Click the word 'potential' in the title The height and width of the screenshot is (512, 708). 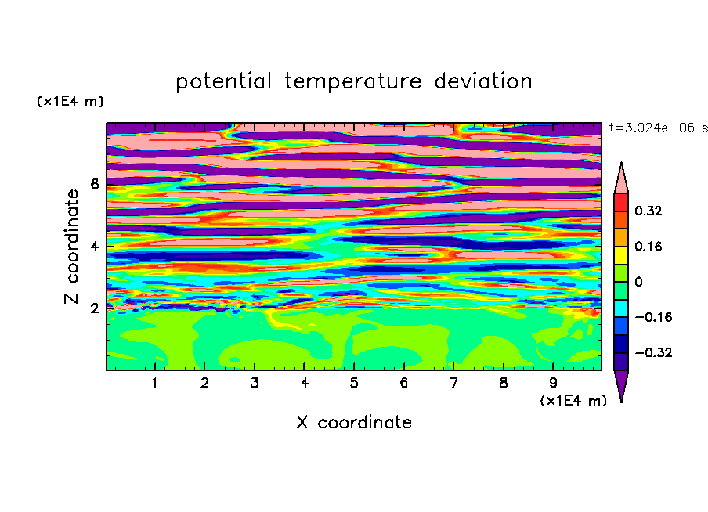pos(223,81)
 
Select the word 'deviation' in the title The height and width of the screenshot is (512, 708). pos(483,81)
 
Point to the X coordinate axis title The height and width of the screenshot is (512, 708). pos(354,422)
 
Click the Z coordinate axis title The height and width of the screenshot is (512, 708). pos(71,247)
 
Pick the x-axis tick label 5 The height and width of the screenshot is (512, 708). pos(353,383)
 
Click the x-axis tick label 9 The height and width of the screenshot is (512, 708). pos(553,383)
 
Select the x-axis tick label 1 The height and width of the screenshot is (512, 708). pos(154,383)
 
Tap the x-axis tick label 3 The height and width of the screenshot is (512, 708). pos(255,383)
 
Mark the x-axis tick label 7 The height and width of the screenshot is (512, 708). pos(453,383)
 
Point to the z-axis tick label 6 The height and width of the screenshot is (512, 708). pos(94,184)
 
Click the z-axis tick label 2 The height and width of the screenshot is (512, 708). pos(94,308)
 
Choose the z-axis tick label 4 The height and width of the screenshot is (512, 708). pos(94,247)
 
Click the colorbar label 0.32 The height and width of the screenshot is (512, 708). pos(648,211)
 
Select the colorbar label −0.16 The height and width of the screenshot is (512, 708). pos(653,317)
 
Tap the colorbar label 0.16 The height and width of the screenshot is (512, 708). pos(648,246)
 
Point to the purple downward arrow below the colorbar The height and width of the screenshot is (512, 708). pos(621,384)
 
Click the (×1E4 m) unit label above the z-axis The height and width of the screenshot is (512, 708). pos(70,101)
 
